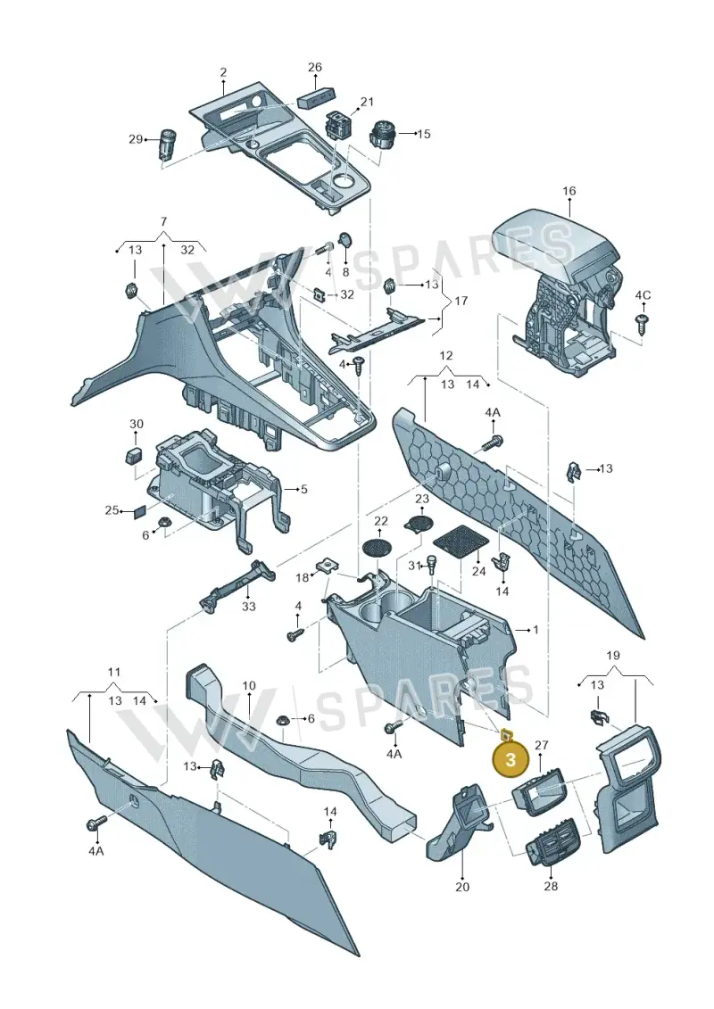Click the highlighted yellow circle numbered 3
coord(510,759)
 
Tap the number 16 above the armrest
coord(569,191)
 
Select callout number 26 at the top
coord(315,67)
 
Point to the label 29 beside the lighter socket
coord(135,139)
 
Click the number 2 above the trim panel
coord(223,73)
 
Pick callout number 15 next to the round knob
coord(424,134)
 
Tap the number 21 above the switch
coord(366,102)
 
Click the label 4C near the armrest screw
coord(643,295)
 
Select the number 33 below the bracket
coord(248,606)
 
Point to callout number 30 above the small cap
coord(137,424)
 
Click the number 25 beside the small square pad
coord(112,510)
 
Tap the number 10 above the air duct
coord(249,685)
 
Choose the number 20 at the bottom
coord(462,887)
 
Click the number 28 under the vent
coord(551,886)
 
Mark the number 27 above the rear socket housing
coord(542,745)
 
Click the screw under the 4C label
coord(642,323)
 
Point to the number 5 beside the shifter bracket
coord(303,489)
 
